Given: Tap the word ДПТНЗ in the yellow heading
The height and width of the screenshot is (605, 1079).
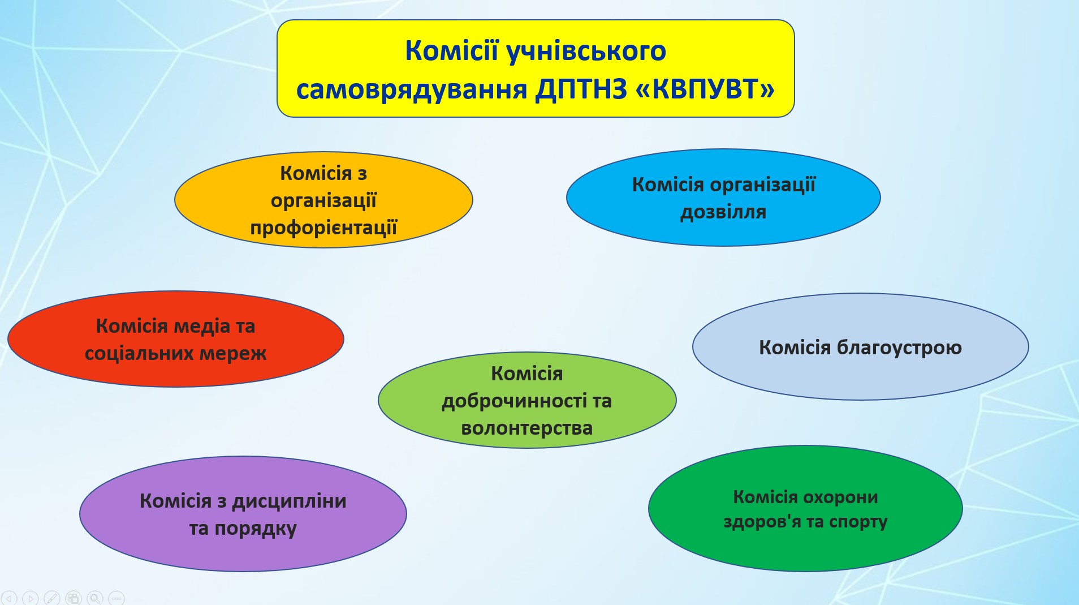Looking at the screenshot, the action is (581, 89).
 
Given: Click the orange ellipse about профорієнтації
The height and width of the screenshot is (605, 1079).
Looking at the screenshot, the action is (323, 200).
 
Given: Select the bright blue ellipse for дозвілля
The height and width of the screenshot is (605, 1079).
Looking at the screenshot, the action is (723, 198).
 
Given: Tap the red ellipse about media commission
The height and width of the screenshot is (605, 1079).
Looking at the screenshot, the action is (176, 339).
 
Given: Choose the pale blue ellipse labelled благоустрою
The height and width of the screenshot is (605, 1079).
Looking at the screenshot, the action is (860, 346).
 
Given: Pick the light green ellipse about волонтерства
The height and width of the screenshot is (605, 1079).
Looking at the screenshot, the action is (527, 400).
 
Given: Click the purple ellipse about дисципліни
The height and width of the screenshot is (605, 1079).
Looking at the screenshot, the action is (243, 514).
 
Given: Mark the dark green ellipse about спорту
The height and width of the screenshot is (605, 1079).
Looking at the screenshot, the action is (805, 508).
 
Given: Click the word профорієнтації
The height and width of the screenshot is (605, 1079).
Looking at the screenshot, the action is (323, 228).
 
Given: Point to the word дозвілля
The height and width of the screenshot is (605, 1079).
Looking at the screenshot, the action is (723, 212).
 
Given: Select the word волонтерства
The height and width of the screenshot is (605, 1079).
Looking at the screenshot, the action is (527, 428).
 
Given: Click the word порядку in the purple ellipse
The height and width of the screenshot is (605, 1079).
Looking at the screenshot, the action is (256, 529).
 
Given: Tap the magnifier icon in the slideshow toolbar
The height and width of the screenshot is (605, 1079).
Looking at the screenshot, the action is (95, 598).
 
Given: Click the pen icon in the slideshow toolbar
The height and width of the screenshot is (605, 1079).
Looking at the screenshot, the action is (51, 598).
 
